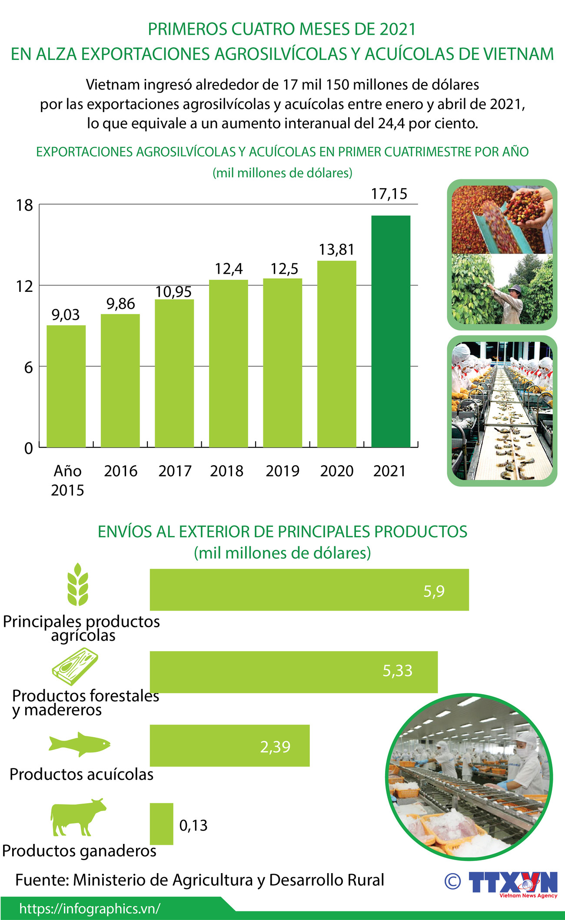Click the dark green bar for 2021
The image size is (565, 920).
[390, 331]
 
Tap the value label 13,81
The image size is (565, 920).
[336, 250]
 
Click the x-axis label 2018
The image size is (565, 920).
[226, 471]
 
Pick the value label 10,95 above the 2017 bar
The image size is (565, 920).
[173, 292]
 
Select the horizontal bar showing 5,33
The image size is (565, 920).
[293, 672]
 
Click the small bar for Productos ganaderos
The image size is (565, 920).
[161, 824]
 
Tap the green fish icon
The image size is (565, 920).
[79, 744]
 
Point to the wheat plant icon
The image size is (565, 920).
[78, 584]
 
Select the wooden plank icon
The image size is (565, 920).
[75, 666]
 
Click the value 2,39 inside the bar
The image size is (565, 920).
[275, 747]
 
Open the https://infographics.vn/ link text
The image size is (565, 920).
[90, 908]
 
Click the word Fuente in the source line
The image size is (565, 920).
[42, 880]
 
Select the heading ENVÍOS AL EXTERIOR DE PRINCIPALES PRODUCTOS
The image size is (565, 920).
[282, 532]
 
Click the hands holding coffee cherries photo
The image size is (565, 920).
[502, 220]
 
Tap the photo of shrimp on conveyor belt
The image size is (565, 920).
[502, 410]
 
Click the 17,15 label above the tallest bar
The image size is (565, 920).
[389, 194]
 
